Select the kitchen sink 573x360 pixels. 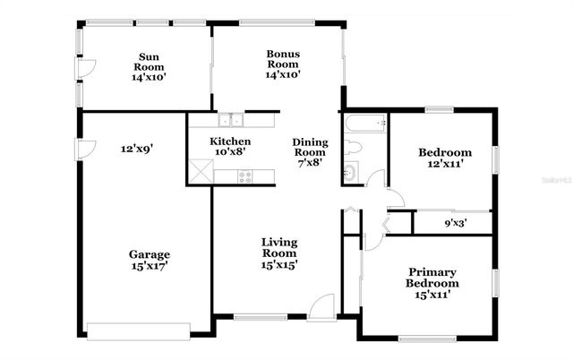point(231,120)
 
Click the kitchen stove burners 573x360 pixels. point(244,176)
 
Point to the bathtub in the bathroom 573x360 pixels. point(363,122)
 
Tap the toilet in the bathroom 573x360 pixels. point(352,146)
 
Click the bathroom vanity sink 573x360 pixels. point(350,172)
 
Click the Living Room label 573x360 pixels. point(279,253)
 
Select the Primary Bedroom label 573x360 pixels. point(432,283)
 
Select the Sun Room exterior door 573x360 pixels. point(85,67)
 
